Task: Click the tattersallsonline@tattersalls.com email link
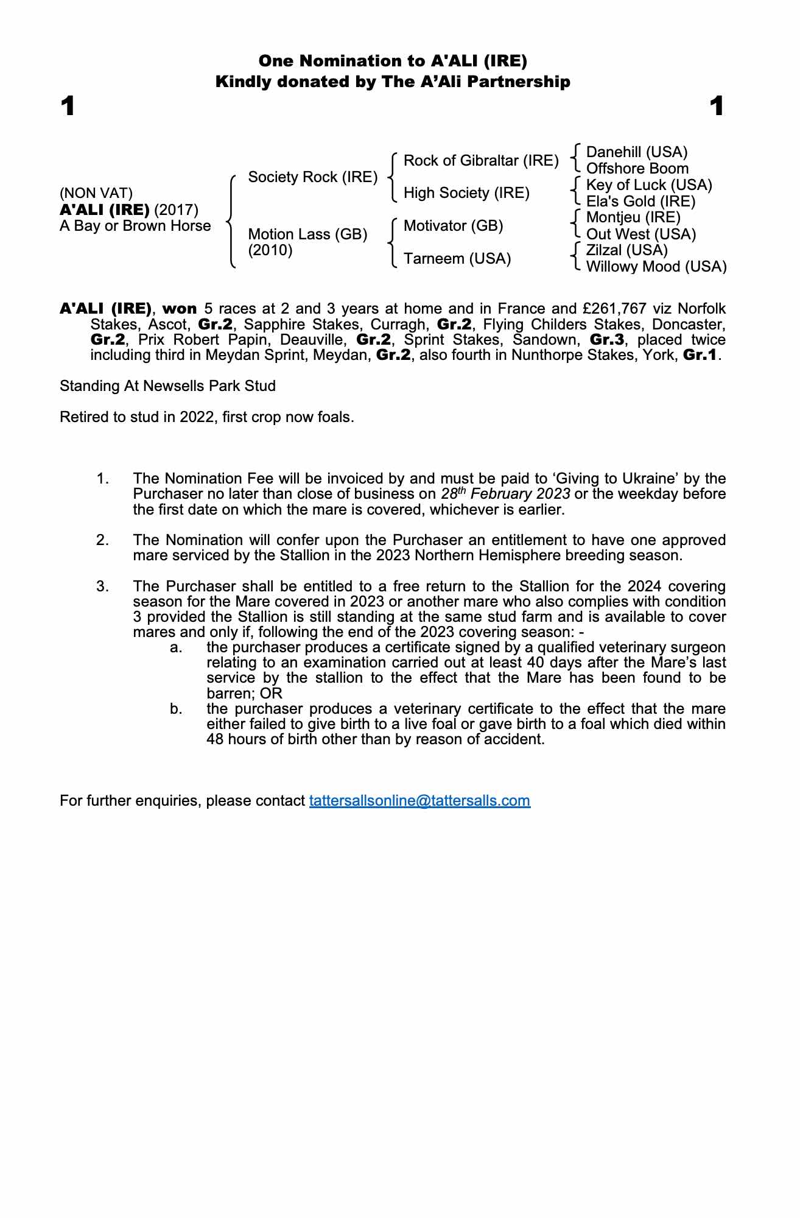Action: [x=419, y=800]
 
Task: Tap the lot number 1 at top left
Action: [x=68, y=107]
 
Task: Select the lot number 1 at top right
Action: [x=717, y=107]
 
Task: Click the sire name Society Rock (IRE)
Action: [x=312, y=177]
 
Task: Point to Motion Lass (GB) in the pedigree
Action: [x=307, y=234]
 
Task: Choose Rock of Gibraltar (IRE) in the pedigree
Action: [x=481, y=161]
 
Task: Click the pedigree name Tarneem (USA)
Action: [x=457, y=259]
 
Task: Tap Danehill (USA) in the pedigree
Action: [x=636, y=152]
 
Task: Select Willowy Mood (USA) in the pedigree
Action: [x=656, y=267]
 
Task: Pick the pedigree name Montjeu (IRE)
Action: [x=633, y=217]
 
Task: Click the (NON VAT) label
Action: [x=96, y=194]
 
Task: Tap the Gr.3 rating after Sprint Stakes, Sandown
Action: [x=607, y=340]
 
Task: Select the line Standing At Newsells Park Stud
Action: [x=167, y=386]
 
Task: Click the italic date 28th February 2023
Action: [x=505, y=494]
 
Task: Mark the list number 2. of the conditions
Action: [x=102, y=540]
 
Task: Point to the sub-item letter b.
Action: [x=176, y=709]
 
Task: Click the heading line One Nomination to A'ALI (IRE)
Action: [x=393, y=61]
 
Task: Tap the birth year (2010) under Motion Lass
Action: [x=270, y=250]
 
